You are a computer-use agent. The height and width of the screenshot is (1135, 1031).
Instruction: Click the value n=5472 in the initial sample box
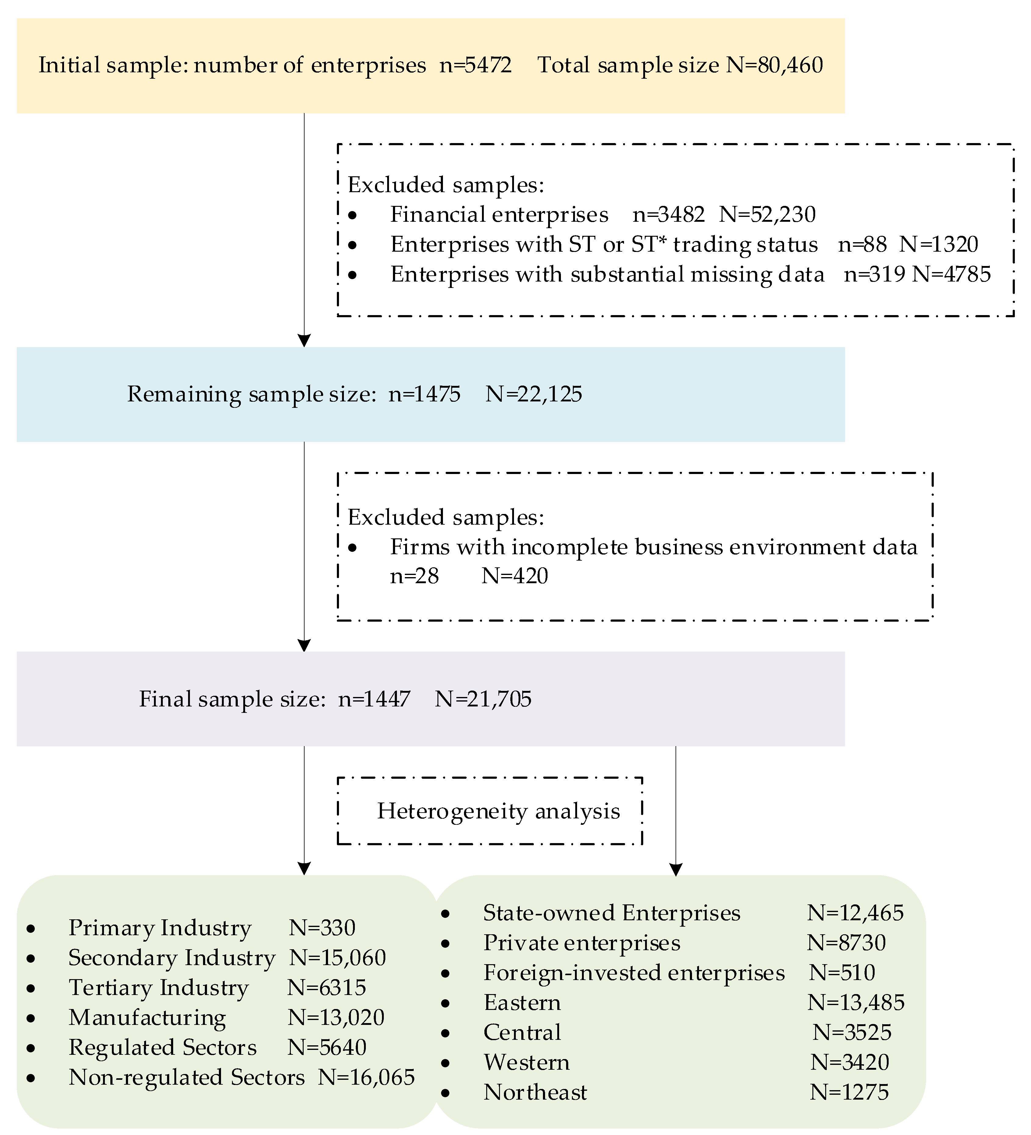476,65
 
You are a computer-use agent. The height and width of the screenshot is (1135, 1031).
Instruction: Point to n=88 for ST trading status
862,244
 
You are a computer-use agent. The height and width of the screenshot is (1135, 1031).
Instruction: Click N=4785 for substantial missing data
951,274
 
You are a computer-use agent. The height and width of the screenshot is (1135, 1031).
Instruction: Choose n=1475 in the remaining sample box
424,394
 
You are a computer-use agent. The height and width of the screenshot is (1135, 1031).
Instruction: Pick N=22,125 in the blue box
533,394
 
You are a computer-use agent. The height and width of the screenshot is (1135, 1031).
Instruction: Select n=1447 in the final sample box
374,699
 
